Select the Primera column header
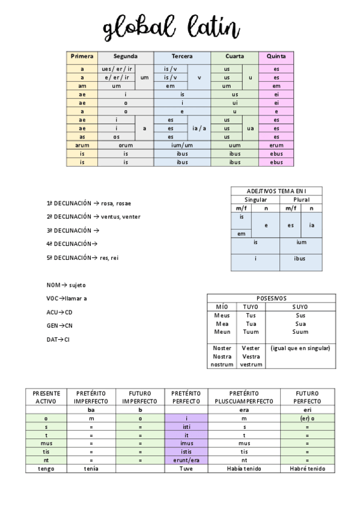pos(82,57)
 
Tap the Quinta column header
pos(276,57)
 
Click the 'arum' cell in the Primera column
pos(82,146)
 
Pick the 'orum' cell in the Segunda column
pos(126,146)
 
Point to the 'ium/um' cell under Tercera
pos(182,146)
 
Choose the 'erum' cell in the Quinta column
pos(276,146)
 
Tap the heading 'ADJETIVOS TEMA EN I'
pos(276,191)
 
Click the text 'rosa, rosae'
pos(116,203)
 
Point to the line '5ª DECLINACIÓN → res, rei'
pos(87,257)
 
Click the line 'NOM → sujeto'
pos(66,284)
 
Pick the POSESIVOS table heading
pos(271,298)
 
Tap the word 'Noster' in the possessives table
pos(222,348)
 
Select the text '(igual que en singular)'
pos(301,348)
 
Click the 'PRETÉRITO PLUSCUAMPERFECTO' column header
pos(243,397)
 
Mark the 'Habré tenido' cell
pos(307,469)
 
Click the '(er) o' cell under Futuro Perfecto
pos(307,419)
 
